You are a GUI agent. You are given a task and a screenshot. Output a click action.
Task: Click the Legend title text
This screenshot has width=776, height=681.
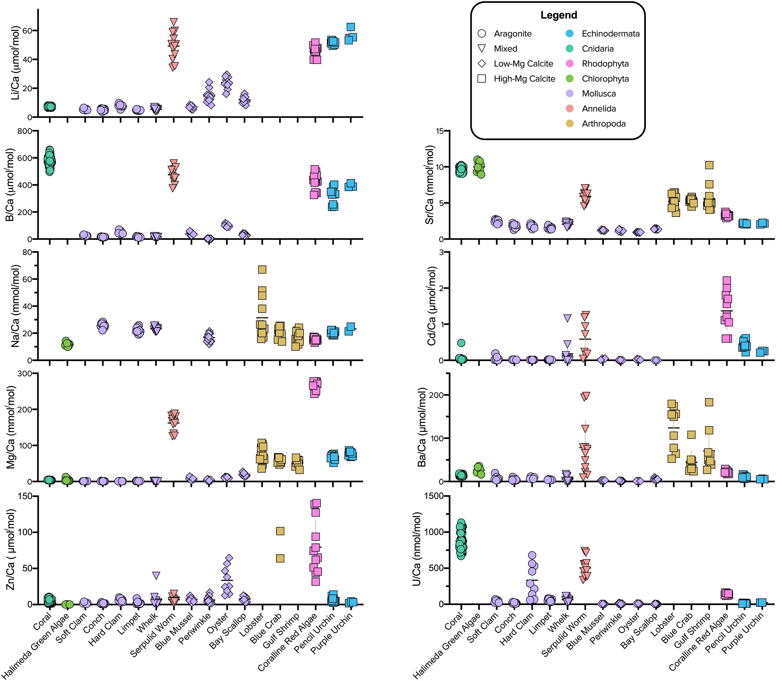point(559,15)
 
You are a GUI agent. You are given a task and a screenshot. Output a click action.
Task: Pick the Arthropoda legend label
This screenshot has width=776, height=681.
point(604,124)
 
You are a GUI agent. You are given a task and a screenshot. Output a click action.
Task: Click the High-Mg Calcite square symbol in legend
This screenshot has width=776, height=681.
point(482,79)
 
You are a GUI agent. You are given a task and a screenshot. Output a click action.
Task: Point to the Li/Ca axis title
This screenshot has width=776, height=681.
point(15,63)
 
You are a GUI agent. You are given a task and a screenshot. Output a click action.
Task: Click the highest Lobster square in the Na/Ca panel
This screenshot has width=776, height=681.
point(262,270)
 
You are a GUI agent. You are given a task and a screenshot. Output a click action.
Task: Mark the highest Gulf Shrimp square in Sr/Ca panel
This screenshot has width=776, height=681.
point(709,165)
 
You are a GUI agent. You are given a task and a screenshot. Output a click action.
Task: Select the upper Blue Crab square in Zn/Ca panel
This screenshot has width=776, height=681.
point(280,531)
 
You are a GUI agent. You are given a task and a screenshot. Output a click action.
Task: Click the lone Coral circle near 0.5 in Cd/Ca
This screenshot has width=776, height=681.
point(461,343)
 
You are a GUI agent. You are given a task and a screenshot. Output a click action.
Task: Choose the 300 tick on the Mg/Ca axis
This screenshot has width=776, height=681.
point(26,374)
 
